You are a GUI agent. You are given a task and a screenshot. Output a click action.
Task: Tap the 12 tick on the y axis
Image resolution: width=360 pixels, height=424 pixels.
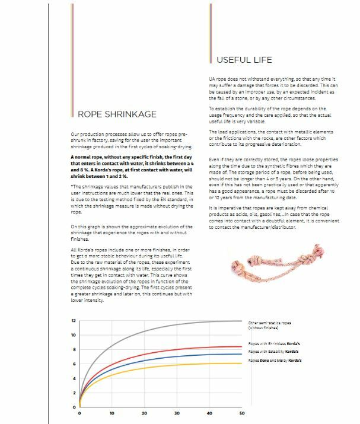tap(74, 321)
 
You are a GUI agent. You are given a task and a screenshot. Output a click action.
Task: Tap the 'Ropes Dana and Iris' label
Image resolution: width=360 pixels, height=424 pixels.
tap(275, 360)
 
